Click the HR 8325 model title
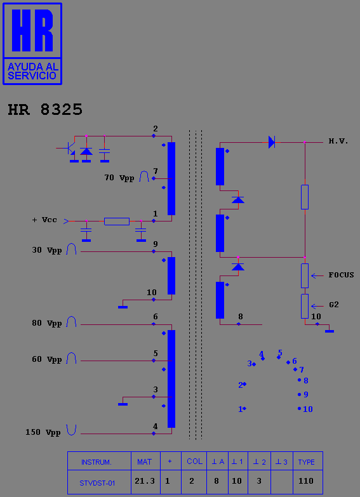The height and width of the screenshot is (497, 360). pos(45,110)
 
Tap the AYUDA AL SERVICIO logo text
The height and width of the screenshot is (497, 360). pos(32,71)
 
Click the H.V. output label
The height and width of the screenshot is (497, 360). pos(338,142)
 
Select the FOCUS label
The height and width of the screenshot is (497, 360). pos(341,275)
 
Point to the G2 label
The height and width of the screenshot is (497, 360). pos(334,305)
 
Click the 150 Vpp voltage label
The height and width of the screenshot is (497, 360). pos(43,432)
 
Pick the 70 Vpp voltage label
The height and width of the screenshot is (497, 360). pos(119,178)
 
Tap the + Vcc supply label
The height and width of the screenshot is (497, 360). pos(44,220)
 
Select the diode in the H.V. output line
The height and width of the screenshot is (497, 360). pos(272,142)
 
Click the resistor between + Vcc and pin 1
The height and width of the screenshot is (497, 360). pos(117,222)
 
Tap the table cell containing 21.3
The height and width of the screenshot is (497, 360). pos(145,482)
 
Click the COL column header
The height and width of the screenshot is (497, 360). pos(194,461)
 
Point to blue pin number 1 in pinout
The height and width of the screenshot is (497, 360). pos(240,409)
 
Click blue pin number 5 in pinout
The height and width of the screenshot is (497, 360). pos(280,352)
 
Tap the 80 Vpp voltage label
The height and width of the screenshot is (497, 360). pos(46,323)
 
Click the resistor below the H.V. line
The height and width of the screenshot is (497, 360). pos(305,197)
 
